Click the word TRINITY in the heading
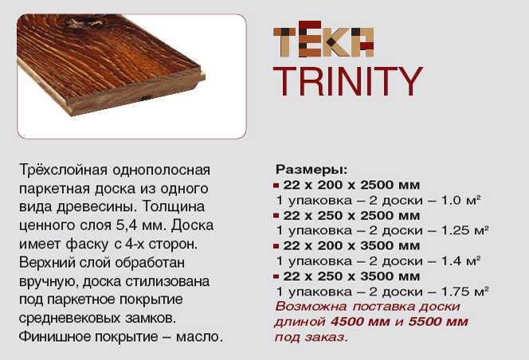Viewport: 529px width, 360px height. pyautogui.click(x=348, y=81)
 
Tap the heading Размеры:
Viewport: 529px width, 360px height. pyautogui.click(x=312, y=170)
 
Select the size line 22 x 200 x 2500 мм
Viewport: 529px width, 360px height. pyautogui.click(x=351, y=185)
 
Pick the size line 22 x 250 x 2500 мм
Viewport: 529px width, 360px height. pyautogui.click(x=351, y=215)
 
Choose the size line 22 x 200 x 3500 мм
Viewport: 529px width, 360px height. pyautogui.click(x=351, y=245)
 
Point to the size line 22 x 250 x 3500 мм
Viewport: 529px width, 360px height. pyautogui.click(x=351, y=276)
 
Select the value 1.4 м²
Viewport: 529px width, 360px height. pyautogui.click(x=460, y=260)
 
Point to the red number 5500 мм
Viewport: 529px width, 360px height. pyautogui.click(x=438, y=322)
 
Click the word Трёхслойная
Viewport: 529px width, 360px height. pyautogui.click(x=64, y=170)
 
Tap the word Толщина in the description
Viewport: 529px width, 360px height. pyautogui.click(x=174, y=206)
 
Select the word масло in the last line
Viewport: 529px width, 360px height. pyautogui.click(x=199, y=336)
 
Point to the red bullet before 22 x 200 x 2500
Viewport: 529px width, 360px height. pyautogui.click(x=276, y=186)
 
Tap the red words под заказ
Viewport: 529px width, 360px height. pyautogui.click(x=311, y=337)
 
